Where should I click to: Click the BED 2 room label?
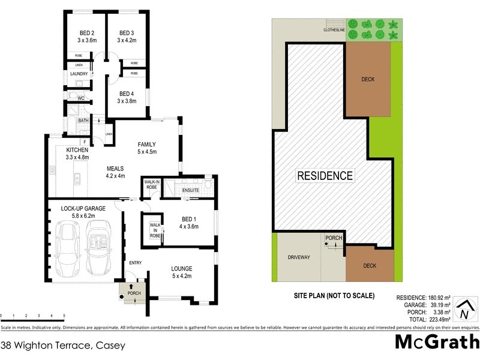click(87, 33)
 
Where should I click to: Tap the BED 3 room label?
click(126, 33)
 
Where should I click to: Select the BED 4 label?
click(126, 94)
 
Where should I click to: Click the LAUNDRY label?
click(79, 74)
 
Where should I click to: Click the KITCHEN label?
click(77, 149)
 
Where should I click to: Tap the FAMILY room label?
click(147, 145)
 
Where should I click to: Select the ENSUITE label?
click(191, 191)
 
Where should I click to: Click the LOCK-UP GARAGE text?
click(83, 208)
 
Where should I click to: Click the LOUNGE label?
click(181, 269)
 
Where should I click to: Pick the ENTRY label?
click(134, 263)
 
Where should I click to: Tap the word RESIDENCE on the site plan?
click(325, 176)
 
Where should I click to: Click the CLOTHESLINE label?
click(334, 29)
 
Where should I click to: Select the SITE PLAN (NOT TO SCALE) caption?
click(334, 295)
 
